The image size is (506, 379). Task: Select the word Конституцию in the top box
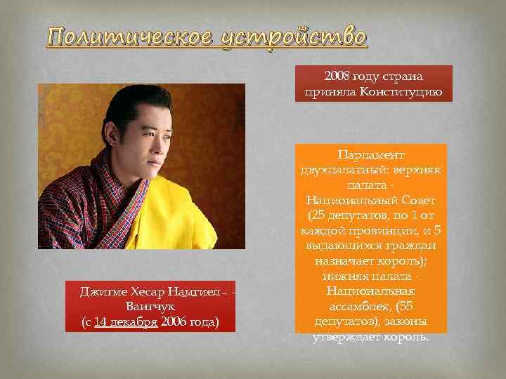pos(403,91)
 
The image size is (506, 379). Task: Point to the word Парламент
pos(370,154)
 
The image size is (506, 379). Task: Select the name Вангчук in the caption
pos(150,307)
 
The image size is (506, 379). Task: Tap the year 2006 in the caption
pos(174,322)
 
